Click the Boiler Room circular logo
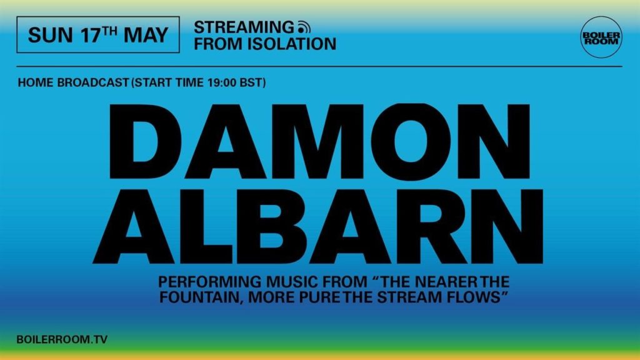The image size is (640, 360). coord(601,37)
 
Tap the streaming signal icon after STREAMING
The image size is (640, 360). coord(304,27)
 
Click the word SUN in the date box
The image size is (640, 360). coord(50,35)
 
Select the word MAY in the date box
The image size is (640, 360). coord(146,35)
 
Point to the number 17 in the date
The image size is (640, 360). coord(90,35)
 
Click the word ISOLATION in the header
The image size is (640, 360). coord(292,44)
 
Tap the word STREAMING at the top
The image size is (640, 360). coord(244,27)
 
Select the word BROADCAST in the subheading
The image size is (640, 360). coord(93,82)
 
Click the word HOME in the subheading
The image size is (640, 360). coord(36,82)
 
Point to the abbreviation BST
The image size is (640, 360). coord(251,82)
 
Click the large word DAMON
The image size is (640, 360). coord(319,142)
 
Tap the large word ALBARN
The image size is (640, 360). coord(318,226)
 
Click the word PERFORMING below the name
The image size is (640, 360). coord(210,282)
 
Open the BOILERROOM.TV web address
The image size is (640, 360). coord(62,339)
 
